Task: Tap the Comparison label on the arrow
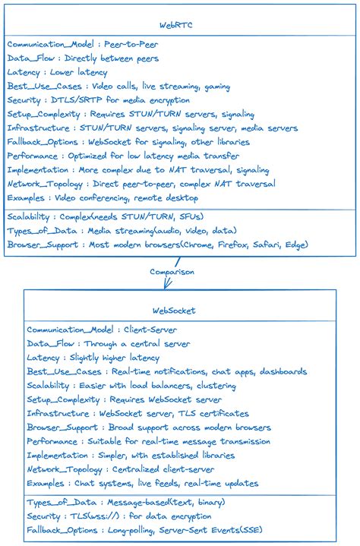point(172,270)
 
